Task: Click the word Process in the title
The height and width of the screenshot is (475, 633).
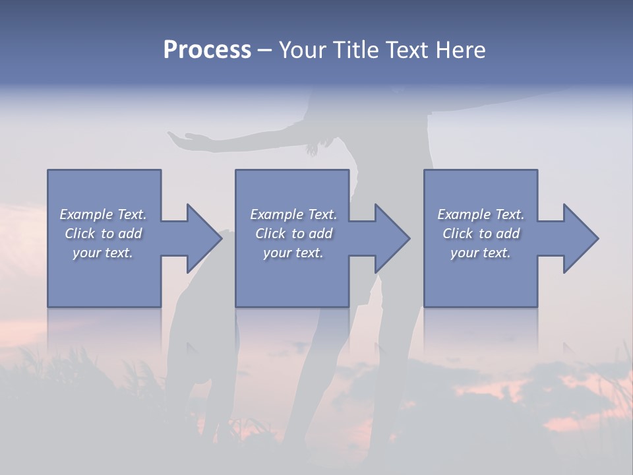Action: point(207,50)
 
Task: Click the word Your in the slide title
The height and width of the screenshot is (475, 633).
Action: point(302,50)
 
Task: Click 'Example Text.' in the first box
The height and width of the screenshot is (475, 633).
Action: point(103,214)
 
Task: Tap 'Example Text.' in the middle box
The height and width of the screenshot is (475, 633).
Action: point(293,214)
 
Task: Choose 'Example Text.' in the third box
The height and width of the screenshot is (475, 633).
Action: point(481,214)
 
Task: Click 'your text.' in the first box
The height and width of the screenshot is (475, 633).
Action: point(103,253)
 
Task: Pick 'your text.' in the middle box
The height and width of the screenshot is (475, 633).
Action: point(293,253)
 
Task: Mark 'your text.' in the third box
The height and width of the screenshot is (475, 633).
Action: point(481,253)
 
